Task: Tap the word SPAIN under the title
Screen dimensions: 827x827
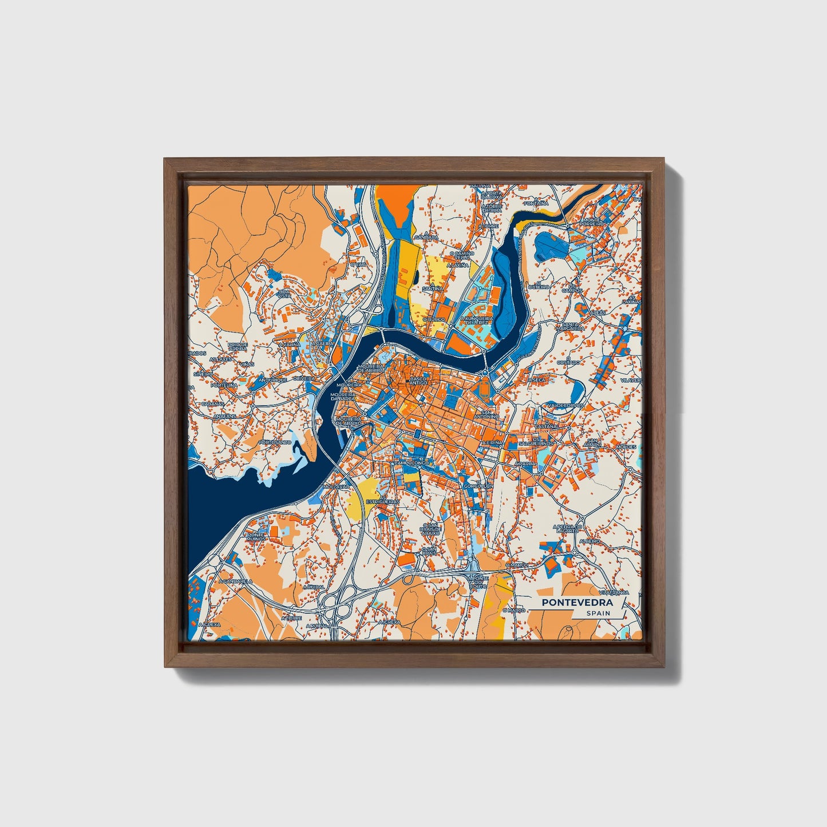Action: click(598, 613)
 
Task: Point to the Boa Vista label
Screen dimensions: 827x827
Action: click(284, 293)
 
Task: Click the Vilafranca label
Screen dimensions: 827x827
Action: click(614, 592)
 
